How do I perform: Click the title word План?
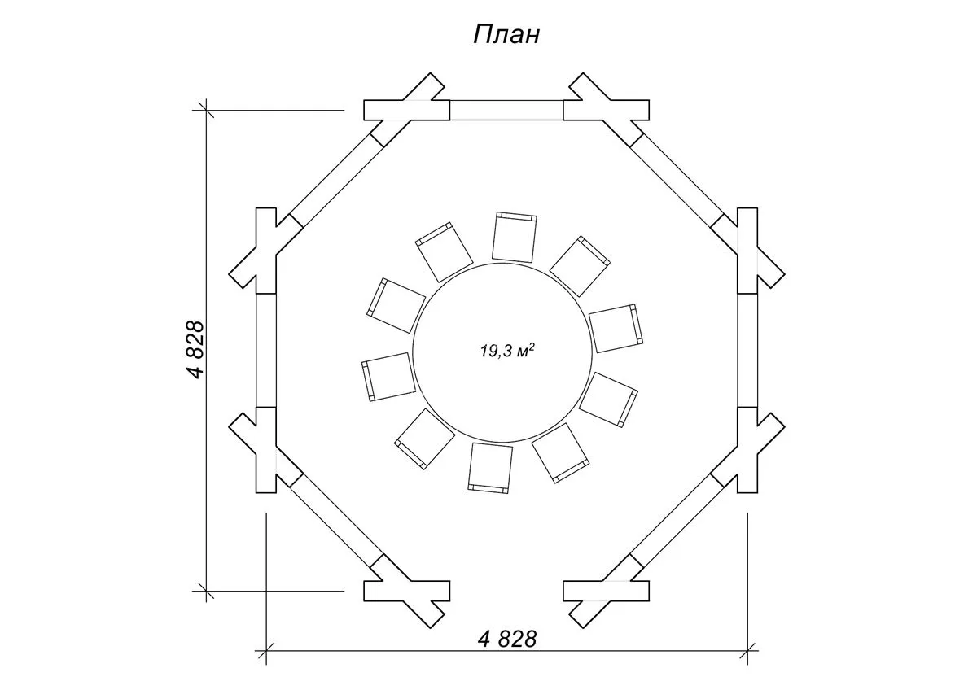pyautogui.click(x=506, y=35)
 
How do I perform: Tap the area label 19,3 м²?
pyautogui.click(x=506, y=352)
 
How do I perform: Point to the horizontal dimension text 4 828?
pyautogui.click(x=507, y=639)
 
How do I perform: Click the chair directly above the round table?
pyautogui.click(x=515, y=237)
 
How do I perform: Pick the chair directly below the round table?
pyautogui.click(x=491, y=467)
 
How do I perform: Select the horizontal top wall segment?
pyautogui.click(x=506, y=110)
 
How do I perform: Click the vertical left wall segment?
pyautogui.click(x=266, y=350)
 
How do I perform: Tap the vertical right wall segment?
pyautogui.click(x=747, y=350)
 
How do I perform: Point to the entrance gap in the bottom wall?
pyautogui.click(x=506, y=591)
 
